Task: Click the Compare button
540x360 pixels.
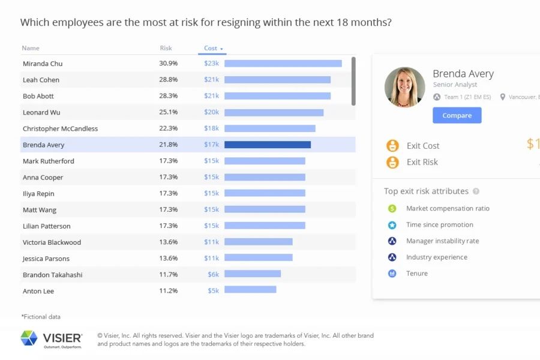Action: (457, 115)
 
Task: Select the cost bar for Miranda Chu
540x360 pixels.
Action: (283, 64)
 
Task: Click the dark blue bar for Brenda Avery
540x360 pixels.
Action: (267, 145)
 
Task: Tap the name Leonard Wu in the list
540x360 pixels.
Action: (41, 112)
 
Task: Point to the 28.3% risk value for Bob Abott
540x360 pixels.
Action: (168, 96)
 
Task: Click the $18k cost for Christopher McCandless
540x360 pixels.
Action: (211, 128)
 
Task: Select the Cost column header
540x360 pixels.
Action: (211, 48)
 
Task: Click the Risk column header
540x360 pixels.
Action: (166, 48)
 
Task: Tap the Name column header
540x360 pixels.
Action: (31, 48)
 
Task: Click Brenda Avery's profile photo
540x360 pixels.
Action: (404, 87)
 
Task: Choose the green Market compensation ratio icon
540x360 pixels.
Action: (392, 209)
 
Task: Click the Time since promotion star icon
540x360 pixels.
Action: (392, 225)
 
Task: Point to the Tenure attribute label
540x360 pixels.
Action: (417, 274)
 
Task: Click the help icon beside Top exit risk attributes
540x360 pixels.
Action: (476, 191)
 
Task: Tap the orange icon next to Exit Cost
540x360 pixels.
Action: (392, 146)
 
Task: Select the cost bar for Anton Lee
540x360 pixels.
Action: (250, 290)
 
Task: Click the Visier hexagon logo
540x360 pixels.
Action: (29, 338)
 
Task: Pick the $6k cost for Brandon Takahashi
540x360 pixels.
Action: (213, 275)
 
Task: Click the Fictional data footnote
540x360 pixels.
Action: (41, 317)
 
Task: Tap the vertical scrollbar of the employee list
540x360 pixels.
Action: (353, 81)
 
